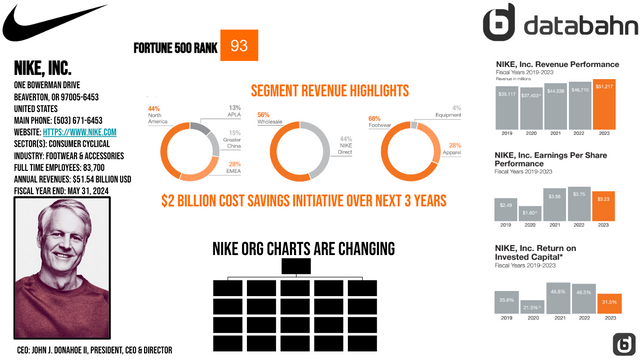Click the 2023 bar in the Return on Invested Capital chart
click(x=605, y=304)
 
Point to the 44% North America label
click(x=154, y=114)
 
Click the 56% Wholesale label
click(x=266, y=117)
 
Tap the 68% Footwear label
click(x=376, y=122)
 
